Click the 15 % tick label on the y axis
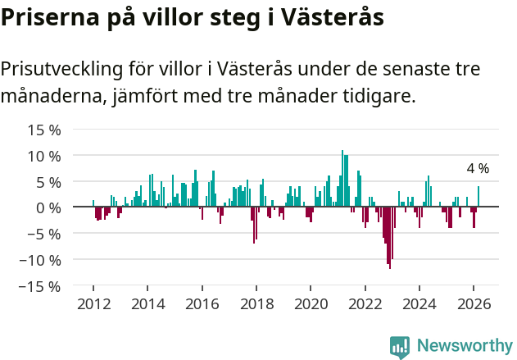44,130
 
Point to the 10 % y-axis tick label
44,156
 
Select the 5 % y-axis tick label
48,182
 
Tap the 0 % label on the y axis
48,207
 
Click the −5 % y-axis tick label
44,234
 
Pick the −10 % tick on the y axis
41,260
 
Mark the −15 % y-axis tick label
41,286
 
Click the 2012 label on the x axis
93,303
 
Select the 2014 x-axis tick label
147,303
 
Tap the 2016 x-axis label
202,303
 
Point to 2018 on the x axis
256,303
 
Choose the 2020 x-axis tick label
311,303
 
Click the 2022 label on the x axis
365,303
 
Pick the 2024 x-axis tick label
419,303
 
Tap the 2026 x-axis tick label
474,303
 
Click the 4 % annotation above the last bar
478,168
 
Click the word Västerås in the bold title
338,17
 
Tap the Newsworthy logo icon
400,346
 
